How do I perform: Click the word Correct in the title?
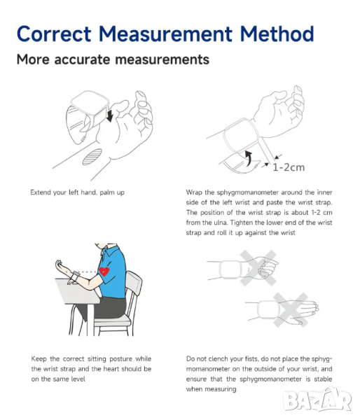[x=54, y=34]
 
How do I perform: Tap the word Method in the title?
[x=277, y=34]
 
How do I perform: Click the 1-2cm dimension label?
[x=289, y=167]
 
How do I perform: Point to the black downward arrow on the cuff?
[x=110, y=115]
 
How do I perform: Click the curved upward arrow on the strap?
[x=249, y=158]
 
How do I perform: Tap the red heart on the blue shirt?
[x=104, y=272]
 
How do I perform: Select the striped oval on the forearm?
[x=92, y=157]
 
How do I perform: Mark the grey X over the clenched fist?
[x=258, y=268]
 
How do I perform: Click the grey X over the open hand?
[x=291, y=310]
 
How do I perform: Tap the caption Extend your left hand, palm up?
[x=77, y=192]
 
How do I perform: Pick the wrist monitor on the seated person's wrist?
[x=76, y=276]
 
